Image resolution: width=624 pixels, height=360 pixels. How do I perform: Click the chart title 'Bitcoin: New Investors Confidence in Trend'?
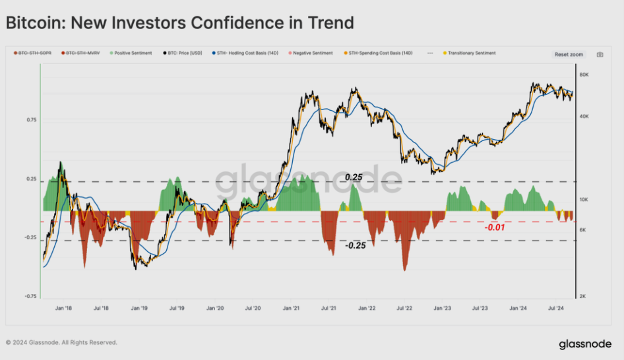[180, 23]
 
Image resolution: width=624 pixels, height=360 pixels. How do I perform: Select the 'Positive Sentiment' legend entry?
[131, 53]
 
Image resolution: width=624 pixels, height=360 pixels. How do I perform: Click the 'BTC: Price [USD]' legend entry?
[181, 53]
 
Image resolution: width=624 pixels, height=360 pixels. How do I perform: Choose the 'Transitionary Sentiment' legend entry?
[471, 53]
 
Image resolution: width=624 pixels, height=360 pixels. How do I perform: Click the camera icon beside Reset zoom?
[600, 55]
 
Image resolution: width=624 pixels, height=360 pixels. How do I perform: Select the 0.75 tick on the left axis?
[32, 120]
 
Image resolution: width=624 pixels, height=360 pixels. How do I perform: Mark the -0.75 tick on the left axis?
[30, 296]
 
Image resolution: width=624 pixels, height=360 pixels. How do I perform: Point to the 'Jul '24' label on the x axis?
[556, 307]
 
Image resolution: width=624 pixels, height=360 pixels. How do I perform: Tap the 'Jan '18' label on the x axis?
[64, 307]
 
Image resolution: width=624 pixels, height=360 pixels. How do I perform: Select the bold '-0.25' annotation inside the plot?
[356, 245]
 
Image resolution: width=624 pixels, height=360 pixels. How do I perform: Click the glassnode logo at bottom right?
[584, 344]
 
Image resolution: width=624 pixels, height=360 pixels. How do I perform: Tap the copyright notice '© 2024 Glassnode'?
[61, 343]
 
